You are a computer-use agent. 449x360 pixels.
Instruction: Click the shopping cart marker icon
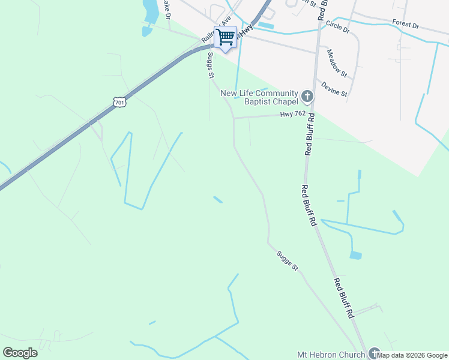point(226,37)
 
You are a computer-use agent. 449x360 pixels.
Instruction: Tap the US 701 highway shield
point(119,102)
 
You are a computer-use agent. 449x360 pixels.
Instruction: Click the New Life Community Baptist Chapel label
point(259,97)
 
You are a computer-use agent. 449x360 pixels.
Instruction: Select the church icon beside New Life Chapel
point(307,96)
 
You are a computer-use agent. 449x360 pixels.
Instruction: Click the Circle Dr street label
point(338,28)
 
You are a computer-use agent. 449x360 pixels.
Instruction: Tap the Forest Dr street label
point(406,24)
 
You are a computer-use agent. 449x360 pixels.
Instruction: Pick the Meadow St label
point(337,62)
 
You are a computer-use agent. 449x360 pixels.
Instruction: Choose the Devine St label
point(334,89)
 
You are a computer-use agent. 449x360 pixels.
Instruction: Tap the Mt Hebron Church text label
point(331,355)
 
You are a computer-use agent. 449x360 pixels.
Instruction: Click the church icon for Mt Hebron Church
point(375,353)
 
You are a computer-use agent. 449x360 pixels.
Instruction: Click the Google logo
point(20,353)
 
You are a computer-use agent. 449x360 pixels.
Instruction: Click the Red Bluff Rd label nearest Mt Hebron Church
point(343,298)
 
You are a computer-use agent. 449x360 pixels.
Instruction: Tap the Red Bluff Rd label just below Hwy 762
point(309,136)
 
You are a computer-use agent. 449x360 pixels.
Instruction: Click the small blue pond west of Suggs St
point(218,199)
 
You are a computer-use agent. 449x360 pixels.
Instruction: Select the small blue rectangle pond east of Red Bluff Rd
point(356,255)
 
